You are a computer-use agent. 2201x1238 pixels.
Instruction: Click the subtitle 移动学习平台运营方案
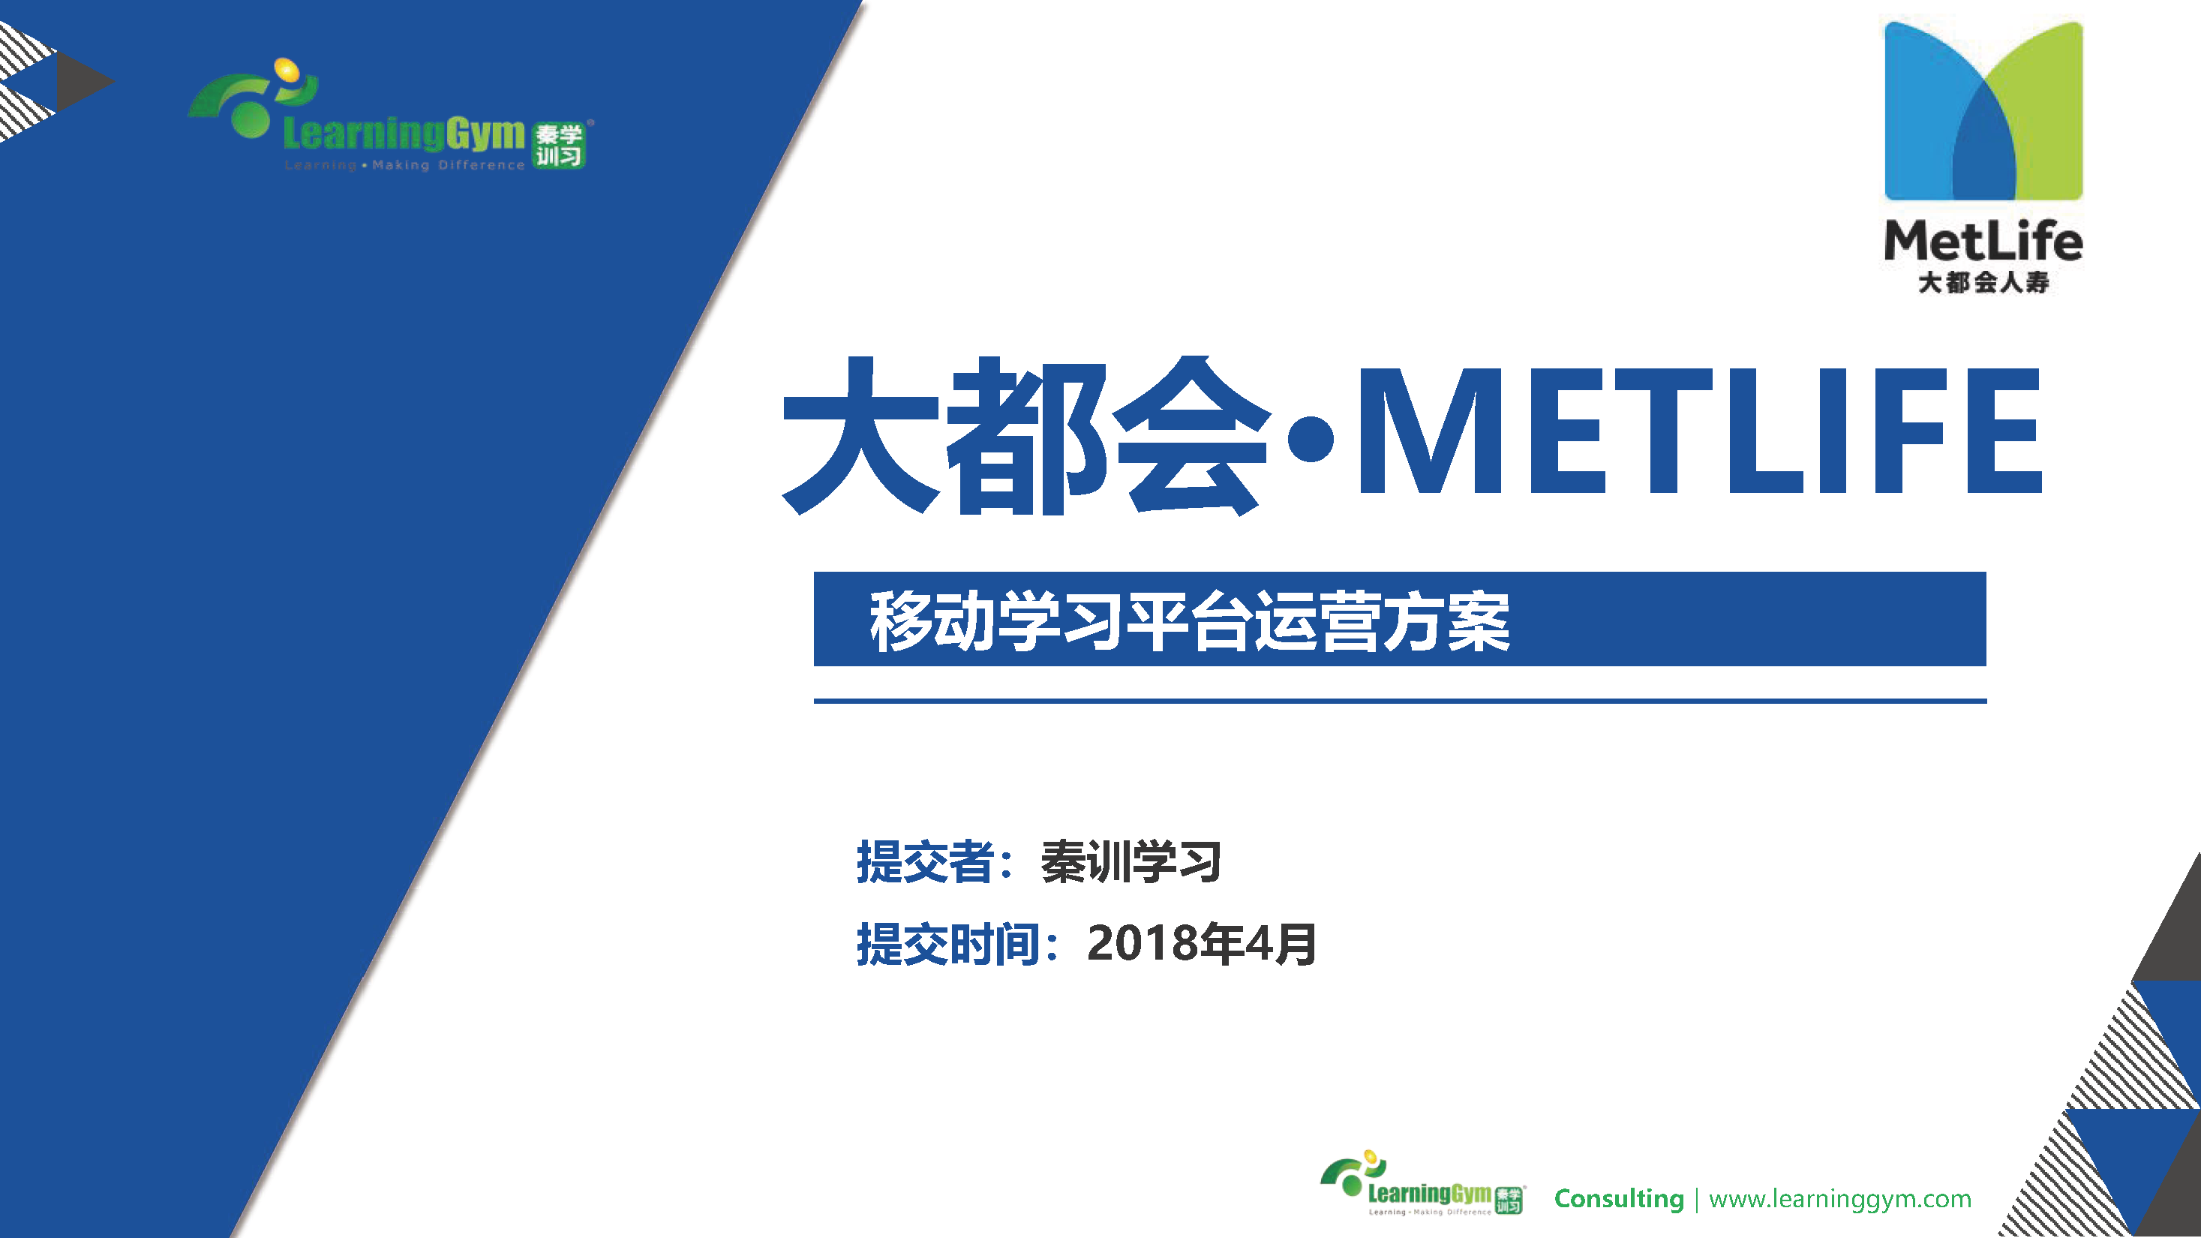(1189, 621)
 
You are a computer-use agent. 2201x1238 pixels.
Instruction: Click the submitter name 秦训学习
(1131, 861)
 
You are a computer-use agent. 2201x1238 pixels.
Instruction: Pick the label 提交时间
(947, 944)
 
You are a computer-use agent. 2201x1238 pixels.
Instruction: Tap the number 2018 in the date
(1143, 943)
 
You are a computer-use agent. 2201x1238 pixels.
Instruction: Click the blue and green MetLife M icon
(1983, 111)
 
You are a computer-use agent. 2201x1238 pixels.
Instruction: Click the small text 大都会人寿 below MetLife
(1983, 282)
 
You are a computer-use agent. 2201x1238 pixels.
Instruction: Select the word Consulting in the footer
(1618, 1199)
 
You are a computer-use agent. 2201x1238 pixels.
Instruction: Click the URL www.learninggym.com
(1839, 1199)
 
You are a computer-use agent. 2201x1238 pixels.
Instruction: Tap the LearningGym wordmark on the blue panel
(404, 134)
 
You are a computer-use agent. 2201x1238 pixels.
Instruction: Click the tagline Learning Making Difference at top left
(404, 165)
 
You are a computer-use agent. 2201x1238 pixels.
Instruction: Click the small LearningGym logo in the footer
(1422, 1183)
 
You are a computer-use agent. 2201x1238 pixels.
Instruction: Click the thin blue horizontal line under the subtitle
(1400, 701)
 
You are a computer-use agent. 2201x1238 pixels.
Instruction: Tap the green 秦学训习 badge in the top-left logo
(559, 146)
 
